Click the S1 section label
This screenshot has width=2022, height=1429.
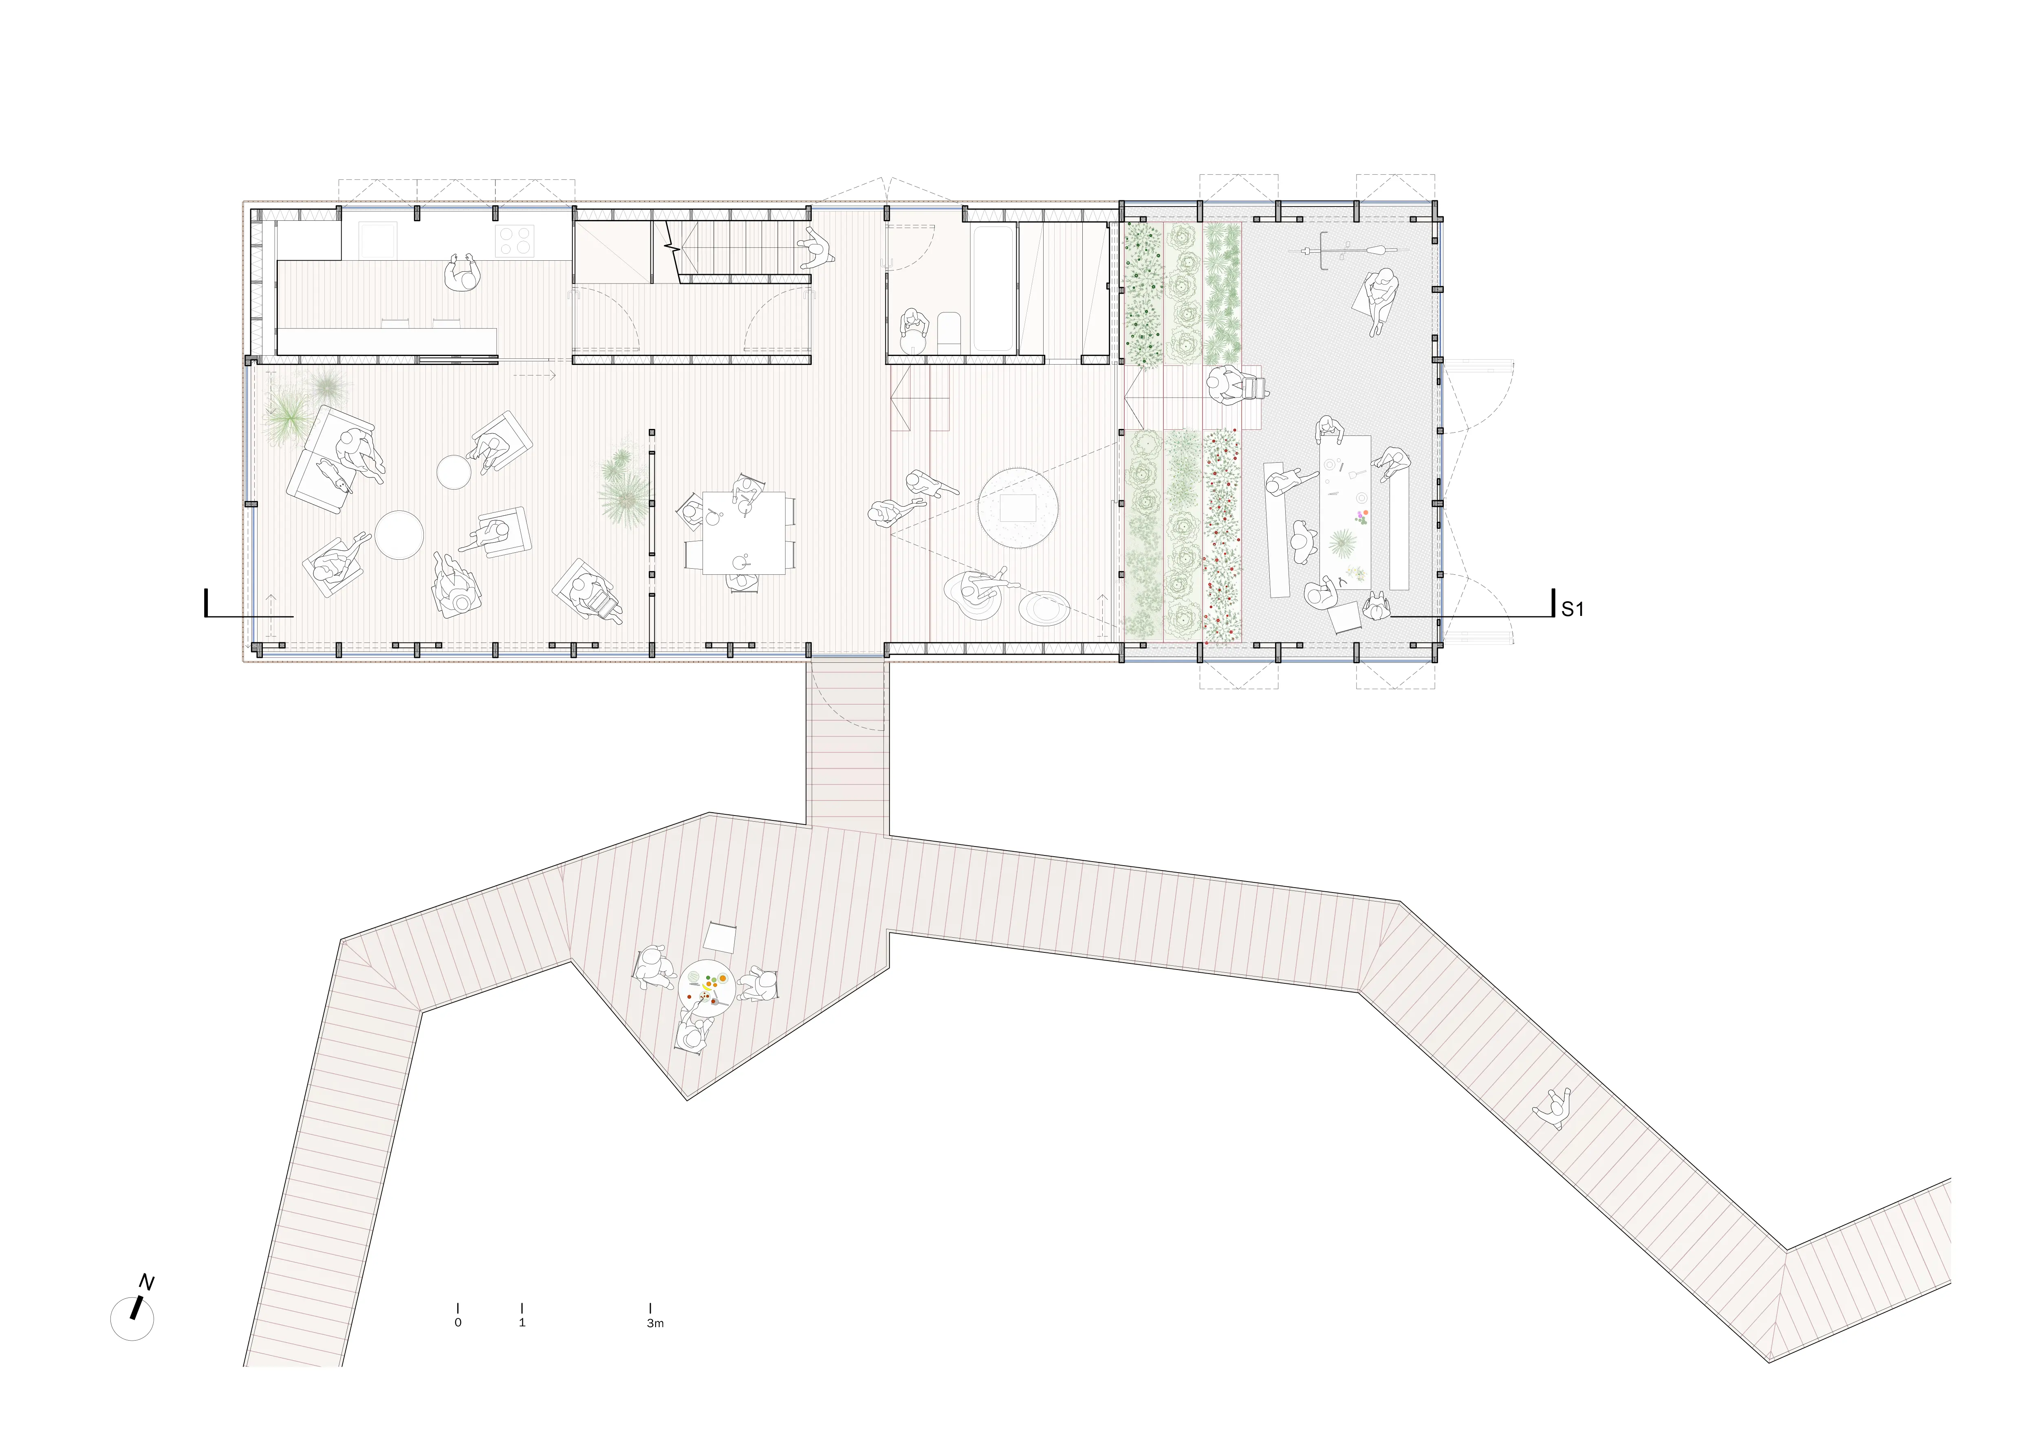click(1572, 609)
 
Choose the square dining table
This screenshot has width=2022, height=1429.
click(743, 532)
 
